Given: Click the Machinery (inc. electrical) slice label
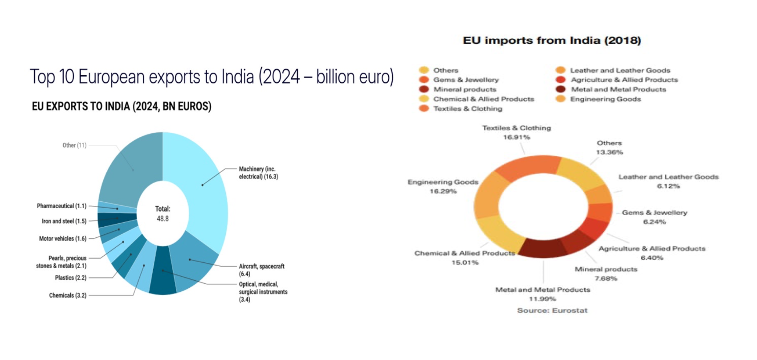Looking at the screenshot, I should click(x=258, y=173).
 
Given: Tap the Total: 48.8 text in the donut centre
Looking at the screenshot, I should click(x=163, y=214).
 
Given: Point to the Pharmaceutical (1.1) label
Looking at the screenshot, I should click(x=61, y=206).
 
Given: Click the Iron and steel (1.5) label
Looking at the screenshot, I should click(x=64, y=221).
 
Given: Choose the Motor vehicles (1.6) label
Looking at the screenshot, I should click(x=62, y=239).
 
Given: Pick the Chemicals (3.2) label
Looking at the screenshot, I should click(x=68, y=295).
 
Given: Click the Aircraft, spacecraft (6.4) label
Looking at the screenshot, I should click(x=261, y=270).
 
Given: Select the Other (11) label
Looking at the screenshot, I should click(x=74, y=145).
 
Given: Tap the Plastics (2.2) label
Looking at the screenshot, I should click(x=70, y=278).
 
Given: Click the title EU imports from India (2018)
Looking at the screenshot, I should click(x=552, y=41).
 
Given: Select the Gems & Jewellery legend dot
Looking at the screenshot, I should click(x=423, y=80).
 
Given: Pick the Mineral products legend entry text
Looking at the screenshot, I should click(x=464, y=90).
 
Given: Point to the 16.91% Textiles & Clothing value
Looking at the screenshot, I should click(x=517, y=137).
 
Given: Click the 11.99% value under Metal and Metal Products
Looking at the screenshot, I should click(x=542, y=299).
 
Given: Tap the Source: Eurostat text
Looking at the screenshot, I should click(x=552, y=311).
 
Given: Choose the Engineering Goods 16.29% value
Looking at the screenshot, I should click(x=443, y=192).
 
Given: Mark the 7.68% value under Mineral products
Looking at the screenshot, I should click(x=606, y=278).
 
